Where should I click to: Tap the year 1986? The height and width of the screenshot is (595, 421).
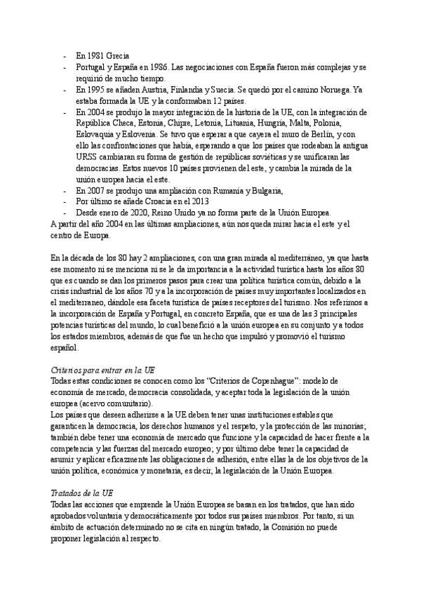pos(174,67)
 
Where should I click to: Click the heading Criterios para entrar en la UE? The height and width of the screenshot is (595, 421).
pos(104,369)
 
